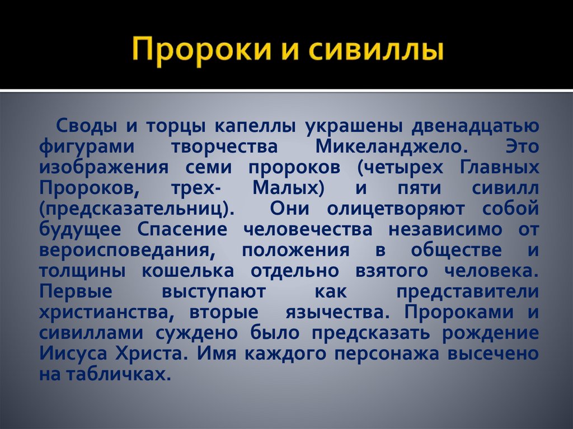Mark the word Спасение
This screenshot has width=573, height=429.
190,230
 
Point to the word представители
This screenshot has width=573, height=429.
467,292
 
